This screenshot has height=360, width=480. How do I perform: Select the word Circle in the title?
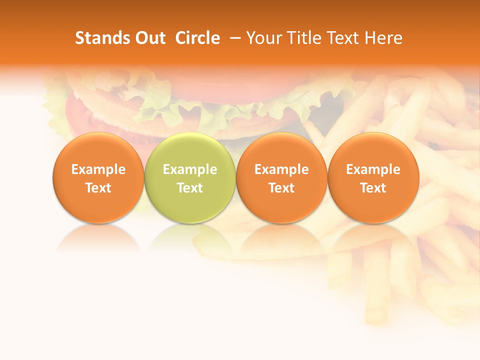(x=197, y=38)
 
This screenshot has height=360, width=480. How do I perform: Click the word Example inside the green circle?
(x=190, y=169)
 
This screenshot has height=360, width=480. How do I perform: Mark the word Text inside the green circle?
(x=190, y=188)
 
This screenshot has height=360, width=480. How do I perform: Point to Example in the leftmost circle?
(x=98, y=169)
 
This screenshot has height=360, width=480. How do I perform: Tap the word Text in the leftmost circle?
(x=98, y=188)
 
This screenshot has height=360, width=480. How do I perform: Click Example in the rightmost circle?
(x=373, y=169)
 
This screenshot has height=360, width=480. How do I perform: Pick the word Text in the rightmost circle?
(x=373, y=188)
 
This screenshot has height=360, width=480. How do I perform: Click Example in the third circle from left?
(x=281, y=169)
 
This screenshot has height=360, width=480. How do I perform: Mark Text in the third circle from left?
(x=281, y=188)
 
